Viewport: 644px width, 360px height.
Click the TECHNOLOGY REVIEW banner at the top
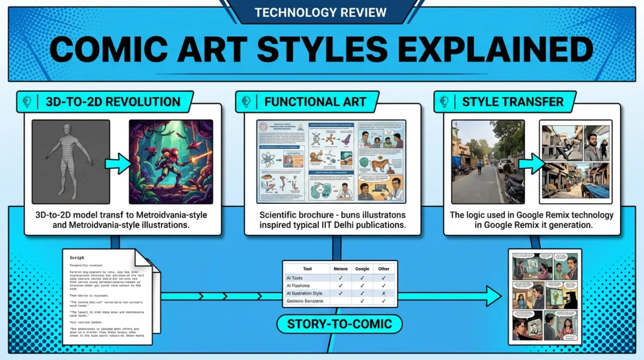tap(321, 13)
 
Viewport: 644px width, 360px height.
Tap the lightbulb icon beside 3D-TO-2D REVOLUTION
tap(27, 101)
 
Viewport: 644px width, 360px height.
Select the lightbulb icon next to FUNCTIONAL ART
tap(248, 101)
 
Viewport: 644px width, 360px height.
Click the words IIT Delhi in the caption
tap(355, 226)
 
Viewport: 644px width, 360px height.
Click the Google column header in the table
tap(362, 268)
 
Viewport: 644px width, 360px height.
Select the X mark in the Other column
tap(384, 293)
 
